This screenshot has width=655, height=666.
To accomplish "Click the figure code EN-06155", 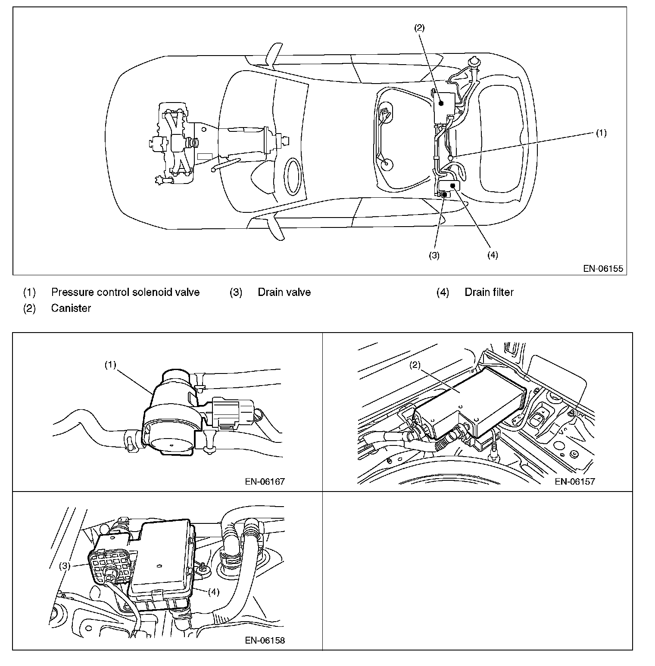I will (603, 269).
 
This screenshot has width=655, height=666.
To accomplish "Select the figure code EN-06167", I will (265, 481).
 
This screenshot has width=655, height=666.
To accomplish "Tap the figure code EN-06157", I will (574, 481).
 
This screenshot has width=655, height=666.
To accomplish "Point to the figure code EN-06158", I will (265, 640).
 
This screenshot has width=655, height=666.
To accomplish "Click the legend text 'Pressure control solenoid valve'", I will (125, 292).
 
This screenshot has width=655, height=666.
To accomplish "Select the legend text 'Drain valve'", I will (284, 292).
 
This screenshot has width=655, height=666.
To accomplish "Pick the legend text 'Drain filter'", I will (489, 292).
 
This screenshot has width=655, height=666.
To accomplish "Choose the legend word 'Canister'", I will (71, 308).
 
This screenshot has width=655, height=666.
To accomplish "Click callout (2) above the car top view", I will (419, 28).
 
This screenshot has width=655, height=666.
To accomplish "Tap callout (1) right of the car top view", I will (601, 133).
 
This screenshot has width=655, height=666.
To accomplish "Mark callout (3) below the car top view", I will (434, 255).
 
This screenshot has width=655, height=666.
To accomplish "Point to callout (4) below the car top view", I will (493, 255).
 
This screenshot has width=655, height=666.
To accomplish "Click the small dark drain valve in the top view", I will (444, 195).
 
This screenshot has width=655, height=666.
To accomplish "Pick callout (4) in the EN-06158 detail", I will (214, 591).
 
